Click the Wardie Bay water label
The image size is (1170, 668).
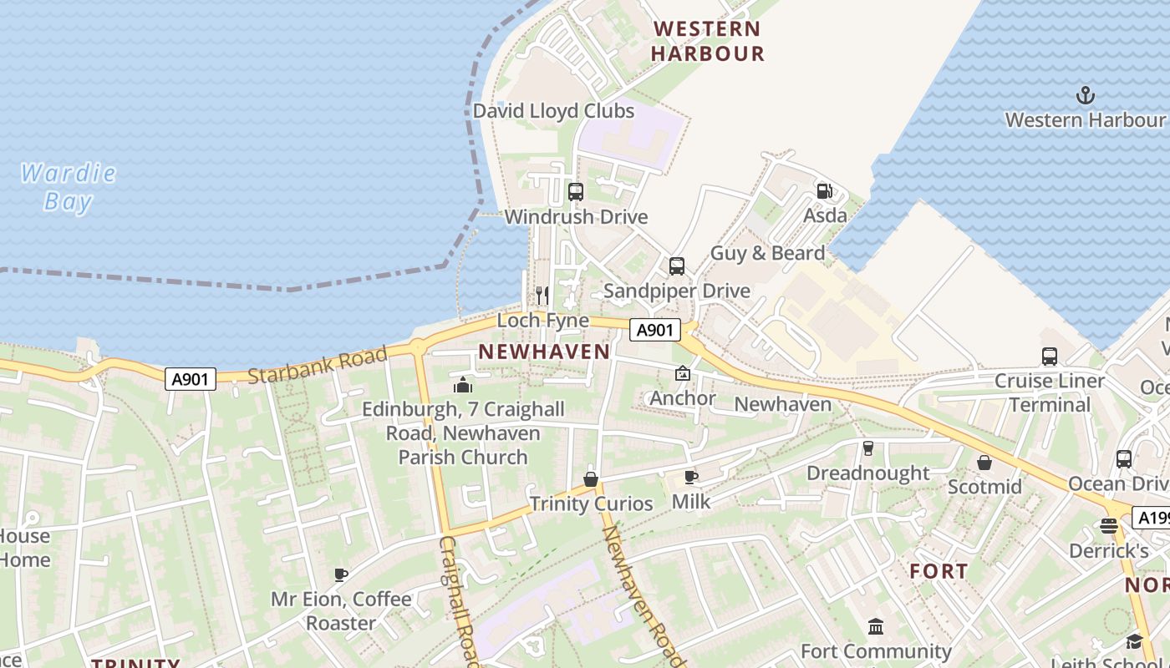pyautogui.click(x=68, y=187)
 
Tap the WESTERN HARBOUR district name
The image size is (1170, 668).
pyautogui.click(x=707, y=41)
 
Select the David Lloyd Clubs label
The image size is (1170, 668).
pyautogui.click(x=553, y=111)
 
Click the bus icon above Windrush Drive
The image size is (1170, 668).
pyautogui.click(x=575, y=192)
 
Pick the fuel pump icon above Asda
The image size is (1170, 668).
pyautogui.click(x=824, y=191)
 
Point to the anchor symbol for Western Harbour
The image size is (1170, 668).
pyautogui.click(x=1085, y=95)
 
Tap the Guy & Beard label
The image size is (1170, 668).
pyautogui.click(x=767, y=253)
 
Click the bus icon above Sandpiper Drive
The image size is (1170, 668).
pyautogui.click(x=677, y=266)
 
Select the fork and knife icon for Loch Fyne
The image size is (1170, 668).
pyautogui.click(x=542, y=295)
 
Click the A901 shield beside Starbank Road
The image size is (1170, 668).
pyautogui.click(x=190, y=380)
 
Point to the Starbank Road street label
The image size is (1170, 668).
pyautogui.click(x=318, y=366)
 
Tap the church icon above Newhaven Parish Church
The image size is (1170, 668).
pyautogui.click(x=463, y=385)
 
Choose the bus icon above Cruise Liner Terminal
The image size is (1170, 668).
pyautogui.click(x=1050, y=357)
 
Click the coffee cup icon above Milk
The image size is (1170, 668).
pyautogui.click(x=691, y=477)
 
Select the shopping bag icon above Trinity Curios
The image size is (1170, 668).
pyautogui.click(x=591, y=478)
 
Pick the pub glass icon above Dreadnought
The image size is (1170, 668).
pyautogui.click(x=867, y=448)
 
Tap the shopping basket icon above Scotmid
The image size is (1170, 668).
pyautogui.click(x=984, y=462)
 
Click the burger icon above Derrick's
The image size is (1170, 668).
pyautogui.click(x=1109, y=526)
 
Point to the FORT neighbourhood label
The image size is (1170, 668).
pyautogui.click(x=939, y=572)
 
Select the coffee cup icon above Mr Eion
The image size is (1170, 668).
pyautogui.click(x=341, y=574)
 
